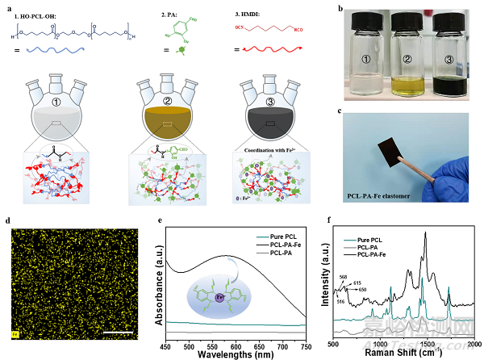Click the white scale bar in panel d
[x=125, y=331]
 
